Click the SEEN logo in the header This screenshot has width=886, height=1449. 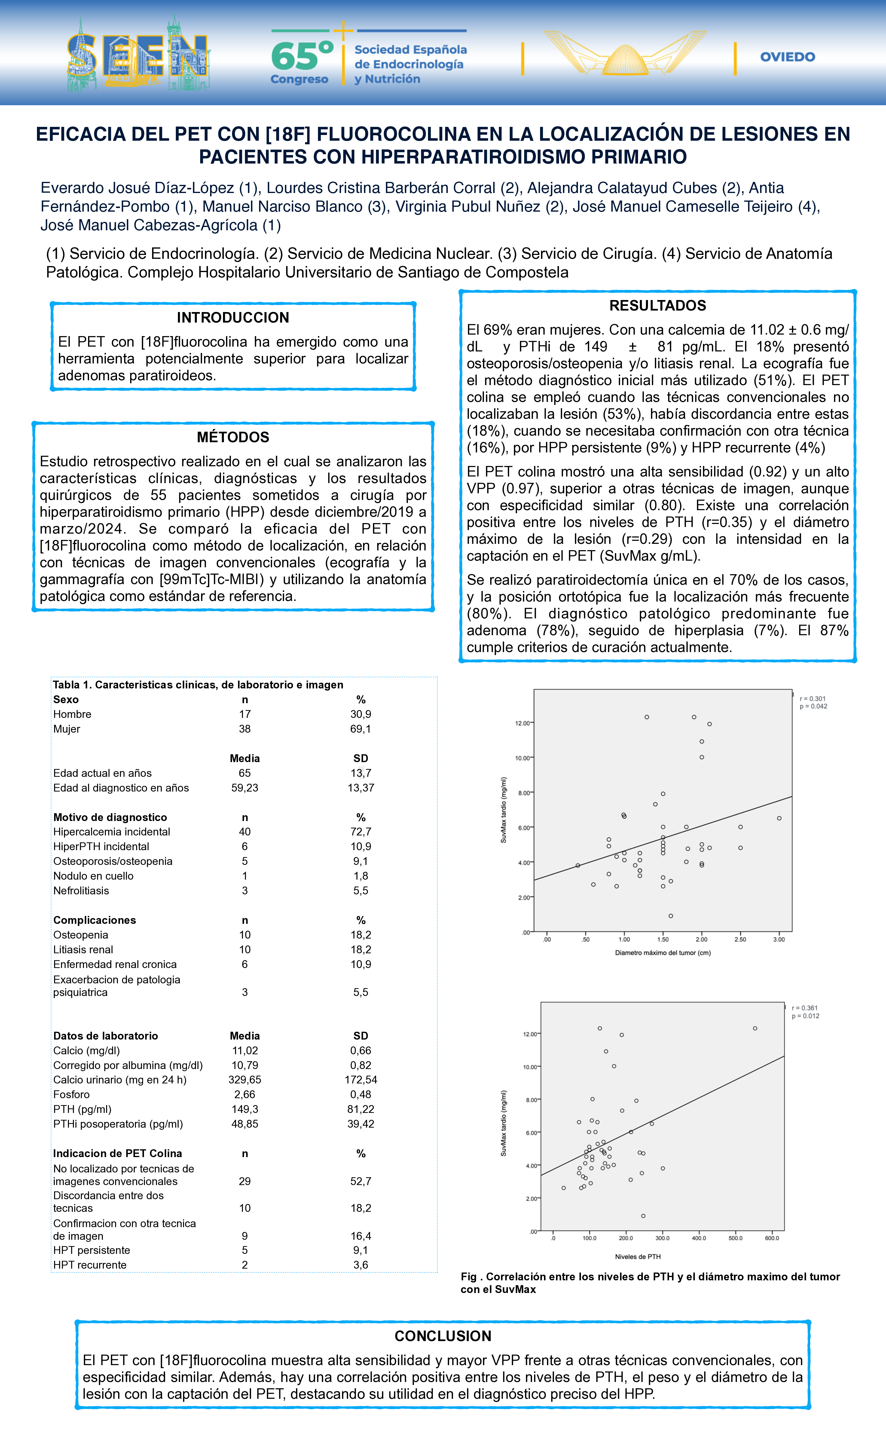138,56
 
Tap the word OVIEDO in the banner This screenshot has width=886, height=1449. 787,57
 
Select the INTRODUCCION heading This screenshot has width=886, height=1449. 233,317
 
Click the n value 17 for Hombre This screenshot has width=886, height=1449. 245,714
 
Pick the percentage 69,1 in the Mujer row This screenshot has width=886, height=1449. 360,729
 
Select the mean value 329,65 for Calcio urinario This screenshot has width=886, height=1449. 245,1080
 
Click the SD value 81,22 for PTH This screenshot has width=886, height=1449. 360,1109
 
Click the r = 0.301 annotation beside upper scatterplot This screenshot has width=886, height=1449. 812,699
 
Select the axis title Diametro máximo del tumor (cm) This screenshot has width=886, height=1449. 663,953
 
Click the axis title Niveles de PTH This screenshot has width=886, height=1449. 637,1257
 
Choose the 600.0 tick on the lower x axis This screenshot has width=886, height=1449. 772,1238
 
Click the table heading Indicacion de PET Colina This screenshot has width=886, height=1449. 118,1153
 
